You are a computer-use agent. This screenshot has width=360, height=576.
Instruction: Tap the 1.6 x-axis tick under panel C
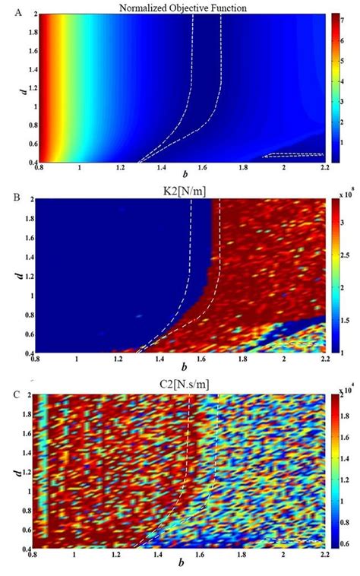coord(204,552)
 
